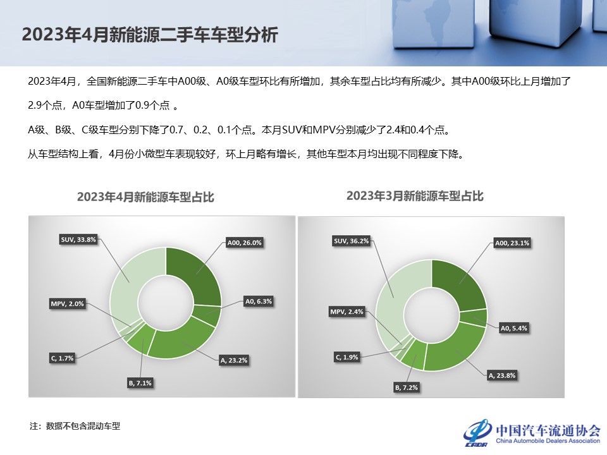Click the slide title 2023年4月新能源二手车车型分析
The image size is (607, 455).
(x=149, y=34)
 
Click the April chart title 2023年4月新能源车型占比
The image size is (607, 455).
(x=145, y=197)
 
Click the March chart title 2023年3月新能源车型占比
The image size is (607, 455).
(x=415, y=196)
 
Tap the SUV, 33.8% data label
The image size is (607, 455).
(x=78, y=240)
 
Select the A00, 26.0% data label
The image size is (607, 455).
(x=244, y=242)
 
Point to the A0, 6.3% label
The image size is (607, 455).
(x=258, y=301)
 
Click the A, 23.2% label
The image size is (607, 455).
(x=233, y=360)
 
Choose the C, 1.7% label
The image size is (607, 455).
(x=62, y=358)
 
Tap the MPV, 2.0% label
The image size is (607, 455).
(x=68, y=304)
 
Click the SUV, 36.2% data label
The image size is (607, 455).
(x=351, y=241)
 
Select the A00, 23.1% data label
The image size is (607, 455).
(x=513, y=242)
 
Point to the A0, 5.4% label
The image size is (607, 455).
(x=513, y=328)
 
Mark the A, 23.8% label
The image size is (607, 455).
(x=502, y=375)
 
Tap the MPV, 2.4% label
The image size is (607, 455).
(x=347, y=312)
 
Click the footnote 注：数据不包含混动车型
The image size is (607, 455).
(x=75, y=426)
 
